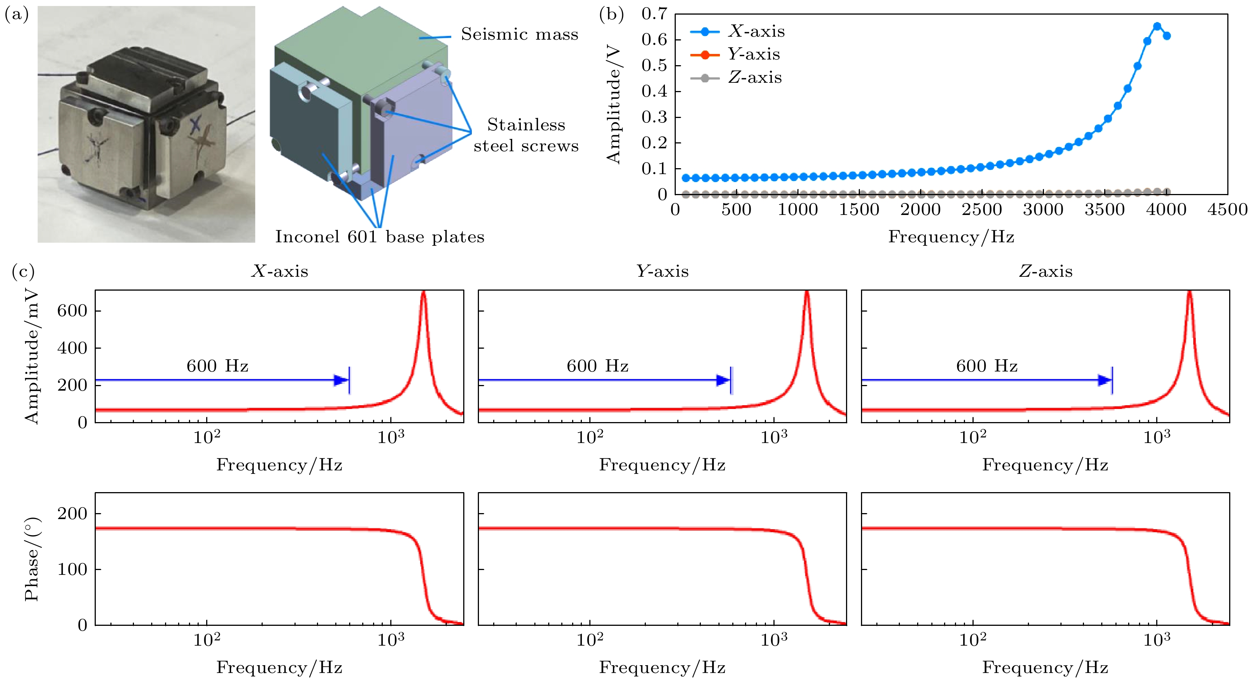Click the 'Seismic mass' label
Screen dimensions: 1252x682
(520, 34)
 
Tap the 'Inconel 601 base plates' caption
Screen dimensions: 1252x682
(379, 237)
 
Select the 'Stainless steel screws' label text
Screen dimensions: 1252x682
(526, 135)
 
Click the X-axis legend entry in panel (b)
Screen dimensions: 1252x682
(737, 31)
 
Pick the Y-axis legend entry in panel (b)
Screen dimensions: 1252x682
(735, 54)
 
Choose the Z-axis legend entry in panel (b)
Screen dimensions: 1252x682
(736, 78)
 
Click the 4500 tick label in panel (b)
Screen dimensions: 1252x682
(1227, 210)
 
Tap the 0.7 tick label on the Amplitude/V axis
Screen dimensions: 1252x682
(654, 14)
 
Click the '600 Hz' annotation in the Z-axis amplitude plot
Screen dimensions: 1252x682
(987, 366)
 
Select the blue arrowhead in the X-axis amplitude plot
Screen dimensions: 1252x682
(341, 380)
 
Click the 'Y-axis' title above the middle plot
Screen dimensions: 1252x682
(662, 271)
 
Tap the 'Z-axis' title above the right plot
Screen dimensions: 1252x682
(1045, 271)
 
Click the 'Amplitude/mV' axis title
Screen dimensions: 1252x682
(31, 356)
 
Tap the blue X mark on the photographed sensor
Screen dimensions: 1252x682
(195, 125)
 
